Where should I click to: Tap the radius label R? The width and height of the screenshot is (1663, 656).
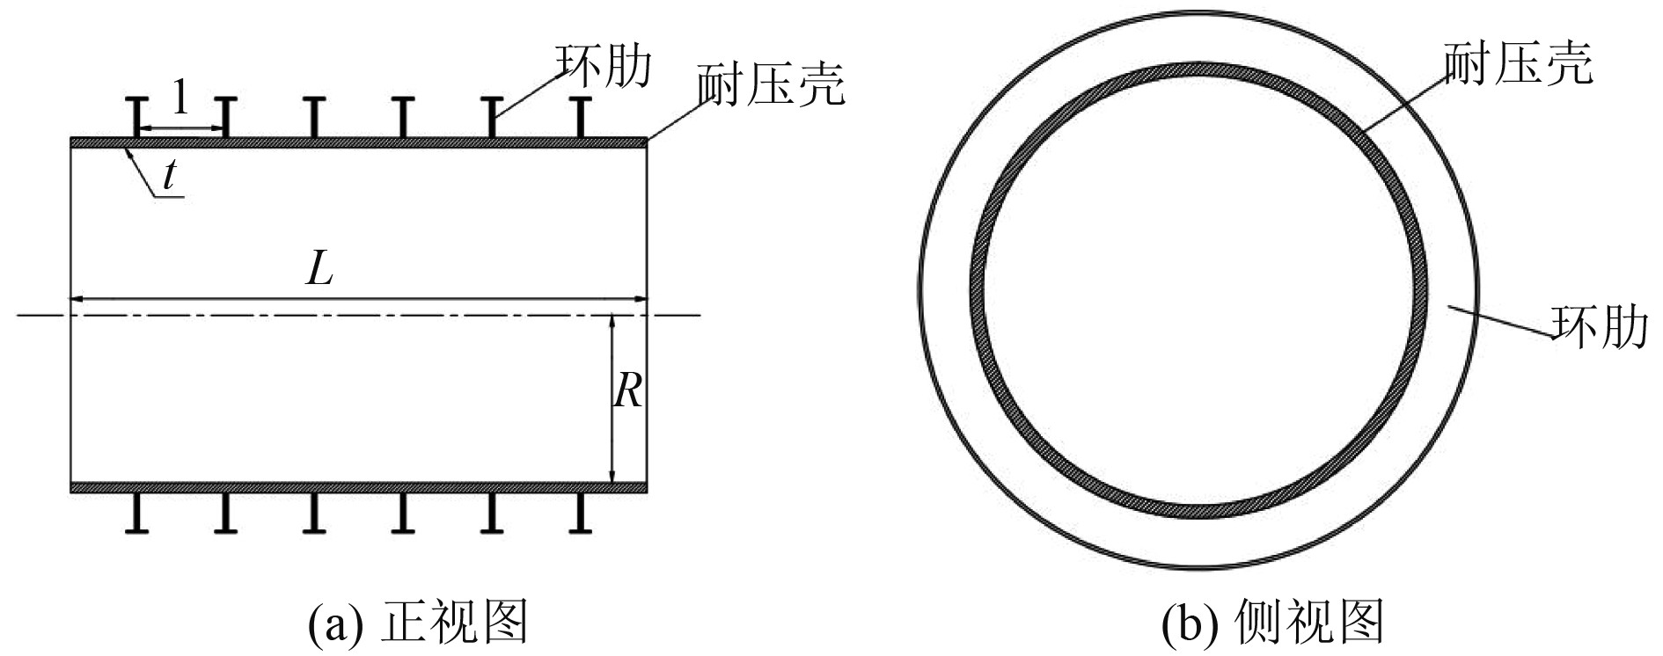[x=628, y=390]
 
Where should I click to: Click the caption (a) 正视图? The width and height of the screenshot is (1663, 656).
[x=417, y=623]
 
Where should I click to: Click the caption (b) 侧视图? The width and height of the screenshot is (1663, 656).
[x=1272, y=623]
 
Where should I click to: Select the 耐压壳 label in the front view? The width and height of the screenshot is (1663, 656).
[x=771, y=84]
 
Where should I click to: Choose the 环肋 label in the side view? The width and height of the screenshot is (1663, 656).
[x=1599, y=326]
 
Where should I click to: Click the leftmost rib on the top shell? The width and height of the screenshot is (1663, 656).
[x=137, y=118]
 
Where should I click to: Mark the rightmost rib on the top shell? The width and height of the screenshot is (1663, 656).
[x=580, y=118]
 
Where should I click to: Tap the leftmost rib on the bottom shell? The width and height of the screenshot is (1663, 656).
[x=137, y=513]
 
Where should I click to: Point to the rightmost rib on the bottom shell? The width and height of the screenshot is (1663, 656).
[x=580, y=513]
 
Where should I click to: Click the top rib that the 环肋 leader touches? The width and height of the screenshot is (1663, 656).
[x=491, y=118]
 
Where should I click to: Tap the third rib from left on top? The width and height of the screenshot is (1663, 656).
[x=314, y=118]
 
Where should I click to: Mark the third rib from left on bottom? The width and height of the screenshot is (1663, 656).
[x=314, y=513]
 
